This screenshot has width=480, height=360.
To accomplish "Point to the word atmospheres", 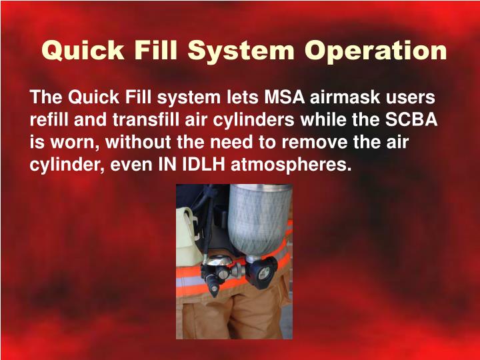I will (x=290, y=164).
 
